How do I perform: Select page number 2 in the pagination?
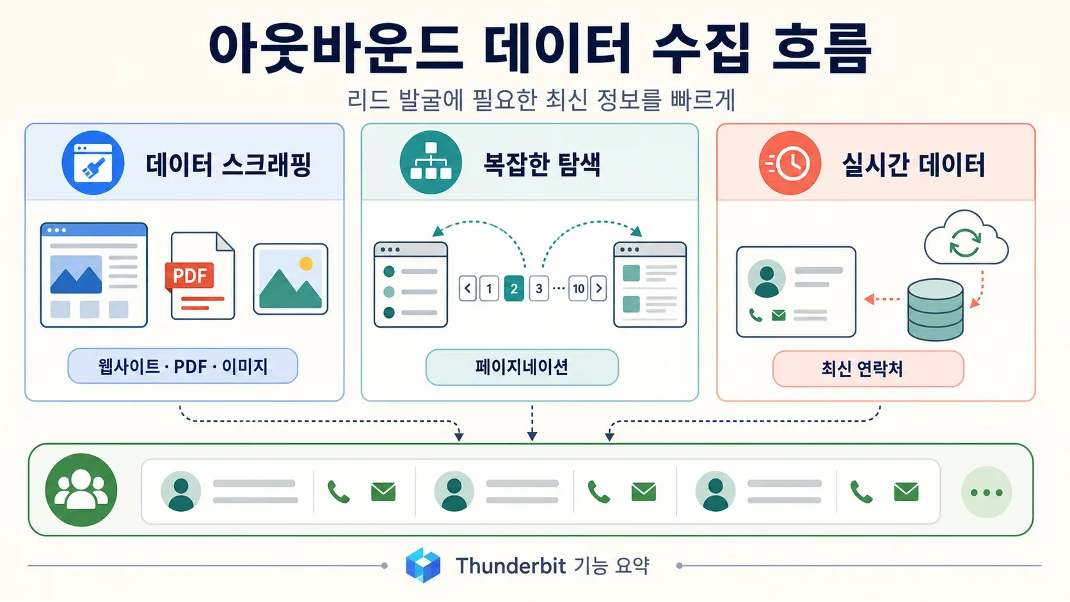tap(514, 289)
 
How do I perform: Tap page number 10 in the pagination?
tap(579, 289)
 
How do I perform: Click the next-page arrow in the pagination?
tap(598, 289)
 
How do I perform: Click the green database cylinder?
tap(936, 310)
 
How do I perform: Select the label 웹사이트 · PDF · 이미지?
tap(183, 366)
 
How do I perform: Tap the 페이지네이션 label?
tap(522, 367)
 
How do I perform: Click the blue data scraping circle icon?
tap(93, 162)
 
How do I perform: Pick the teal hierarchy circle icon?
tap(431, 162)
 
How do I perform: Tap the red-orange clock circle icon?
tap(790, 162)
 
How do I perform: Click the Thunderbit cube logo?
tap(423, 566)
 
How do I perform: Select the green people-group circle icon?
tap(81, 490)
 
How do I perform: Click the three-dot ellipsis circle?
tap(986, 492)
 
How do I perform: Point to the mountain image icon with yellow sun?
tap(291, 280)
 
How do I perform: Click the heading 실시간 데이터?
tap(913, 164)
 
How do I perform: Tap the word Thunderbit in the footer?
tap(511, 566)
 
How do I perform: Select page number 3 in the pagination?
tap(539, 289)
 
